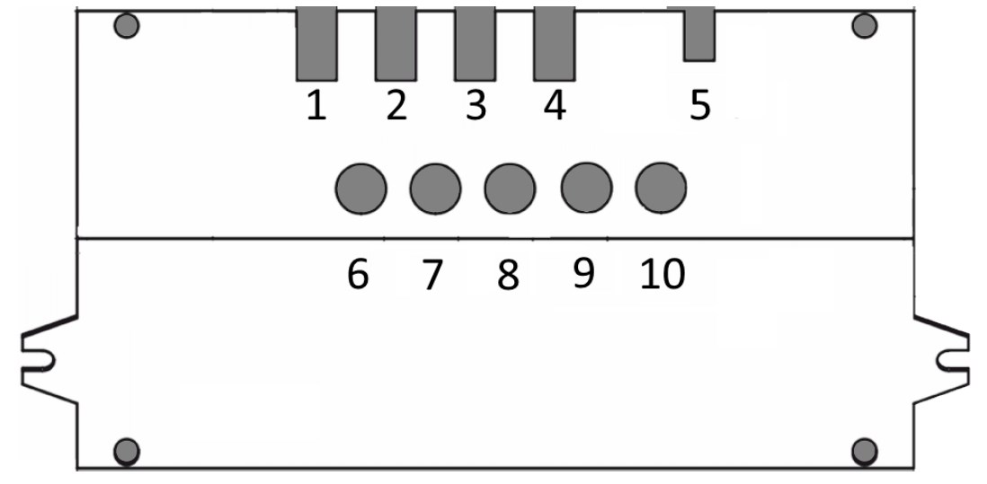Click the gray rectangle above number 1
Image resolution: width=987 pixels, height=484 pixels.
[x=316, y=44]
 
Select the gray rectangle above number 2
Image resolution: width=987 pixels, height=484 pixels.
[x=396, y=44]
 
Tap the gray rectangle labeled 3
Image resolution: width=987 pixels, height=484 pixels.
[x=476, y=44]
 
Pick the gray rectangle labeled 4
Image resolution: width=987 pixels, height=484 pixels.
[x=555, y=44]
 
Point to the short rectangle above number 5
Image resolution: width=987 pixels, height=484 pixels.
[x=698, y=34]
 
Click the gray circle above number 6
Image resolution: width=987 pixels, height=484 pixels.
[x=360, y=189]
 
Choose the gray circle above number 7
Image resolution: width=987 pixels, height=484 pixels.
[x=436, y=189]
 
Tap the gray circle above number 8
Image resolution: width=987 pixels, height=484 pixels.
[x=510, y=189]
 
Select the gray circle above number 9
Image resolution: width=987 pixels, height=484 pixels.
[x=586, y=188]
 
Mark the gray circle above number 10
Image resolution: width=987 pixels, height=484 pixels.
[x=661, y=188]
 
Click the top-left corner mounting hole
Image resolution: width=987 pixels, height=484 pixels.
[x=127, y=26]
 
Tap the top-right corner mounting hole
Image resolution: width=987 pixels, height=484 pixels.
[x=864, y=26]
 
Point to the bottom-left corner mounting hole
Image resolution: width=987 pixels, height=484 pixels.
[x=127, y=452]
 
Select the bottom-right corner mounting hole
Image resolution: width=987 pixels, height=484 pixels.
[x=864, y=452]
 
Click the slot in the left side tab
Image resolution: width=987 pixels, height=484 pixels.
[x=38, y=360]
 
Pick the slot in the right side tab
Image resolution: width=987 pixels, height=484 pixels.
[x=952, y=360]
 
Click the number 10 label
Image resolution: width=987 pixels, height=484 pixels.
[x=662, y=275]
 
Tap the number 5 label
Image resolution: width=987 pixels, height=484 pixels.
[x=700, y=105]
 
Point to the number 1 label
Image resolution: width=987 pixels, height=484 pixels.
[x=316, y=105]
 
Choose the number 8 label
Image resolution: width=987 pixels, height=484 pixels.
[x=508, y=276]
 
